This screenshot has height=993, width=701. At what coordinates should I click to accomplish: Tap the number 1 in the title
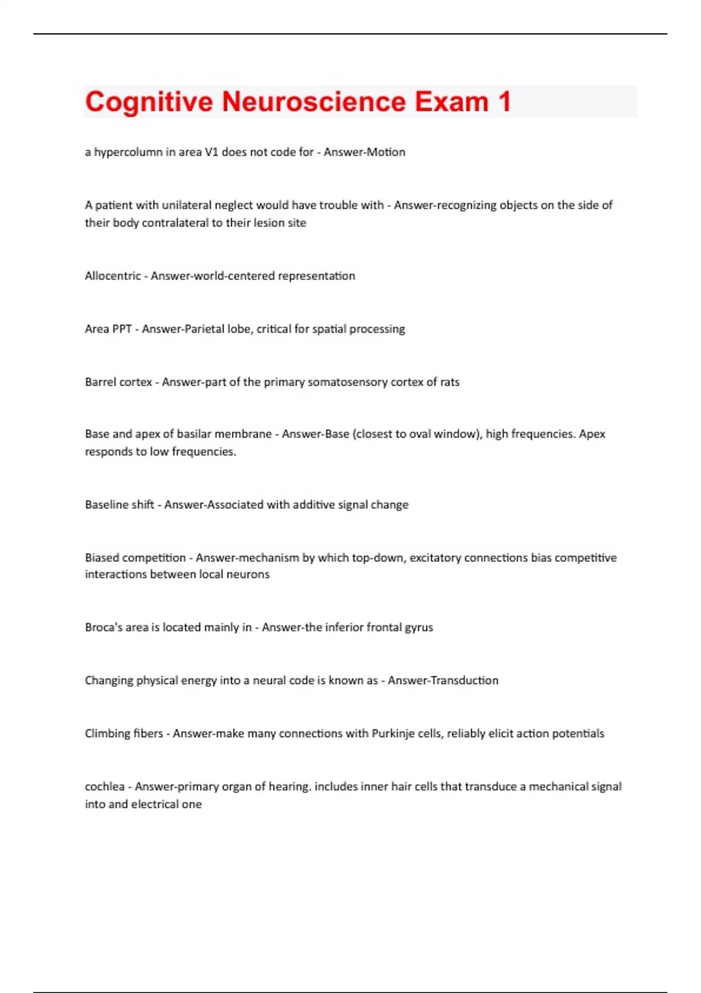[504, 102]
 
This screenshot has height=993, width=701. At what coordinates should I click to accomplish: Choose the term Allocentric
[113, 276]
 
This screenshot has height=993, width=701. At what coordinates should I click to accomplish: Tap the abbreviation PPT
[122, 329]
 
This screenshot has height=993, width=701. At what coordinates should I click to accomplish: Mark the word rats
[449, 382]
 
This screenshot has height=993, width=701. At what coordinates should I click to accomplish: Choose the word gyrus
[419, 628]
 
